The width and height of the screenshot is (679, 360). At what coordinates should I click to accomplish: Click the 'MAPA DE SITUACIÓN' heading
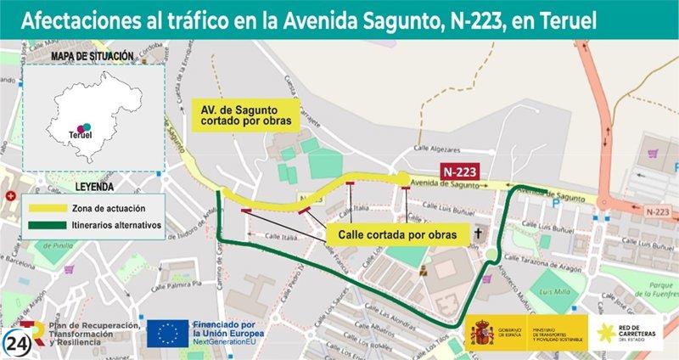(92, 56)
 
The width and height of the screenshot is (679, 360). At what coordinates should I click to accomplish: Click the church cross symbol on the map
(477, 232)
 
